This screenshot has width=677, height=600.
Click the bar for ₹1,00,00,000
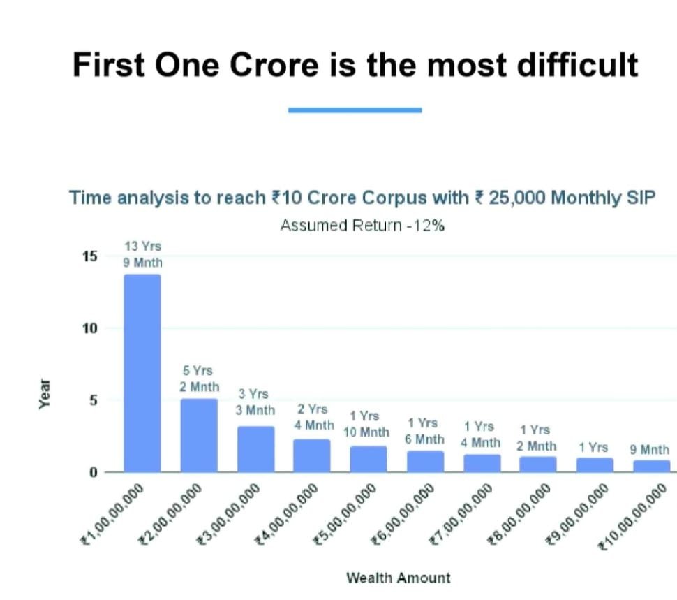(142, 373)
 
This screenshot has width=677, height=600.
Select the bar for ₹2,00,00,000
(199, 435)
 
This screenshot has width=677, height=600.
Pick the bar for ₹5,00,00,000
(369, 459)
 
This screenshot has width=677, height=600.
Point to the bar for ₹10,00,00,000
(651, 466)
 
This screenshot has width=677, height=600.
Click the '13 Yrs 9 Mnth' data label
(143, 255)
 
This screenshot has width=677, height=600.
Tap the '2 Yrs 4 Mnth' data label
(312, 417)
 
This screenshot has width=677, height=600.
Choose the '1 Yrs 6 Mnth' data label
(424, 431)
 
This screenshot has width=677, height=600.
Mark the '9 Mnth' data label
(649, 450)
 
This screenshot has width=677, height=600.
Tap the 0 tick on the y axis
(91, 473)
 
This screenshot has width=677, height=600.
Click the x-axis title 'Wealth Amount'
(399, 578)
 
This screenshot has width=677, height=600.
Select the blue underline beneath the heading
(355, 110)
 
